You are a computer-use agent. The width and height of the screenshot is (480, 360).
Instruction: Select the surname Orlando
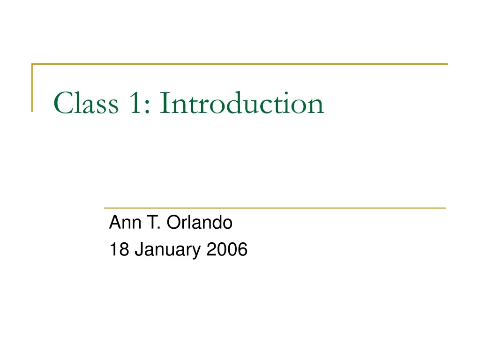[199, 224]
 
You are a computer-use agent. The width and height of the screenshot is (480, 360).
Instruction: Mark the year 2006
[226, 250]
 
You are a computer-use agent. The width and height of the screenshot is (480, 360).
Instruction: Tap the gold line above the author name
[274, 207]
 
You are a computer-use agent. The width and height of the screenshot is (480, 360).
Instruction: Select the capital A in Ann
[114, 224]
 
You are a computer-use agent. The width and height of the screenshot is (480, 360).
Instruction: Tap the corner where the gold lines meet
[32, 64]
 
